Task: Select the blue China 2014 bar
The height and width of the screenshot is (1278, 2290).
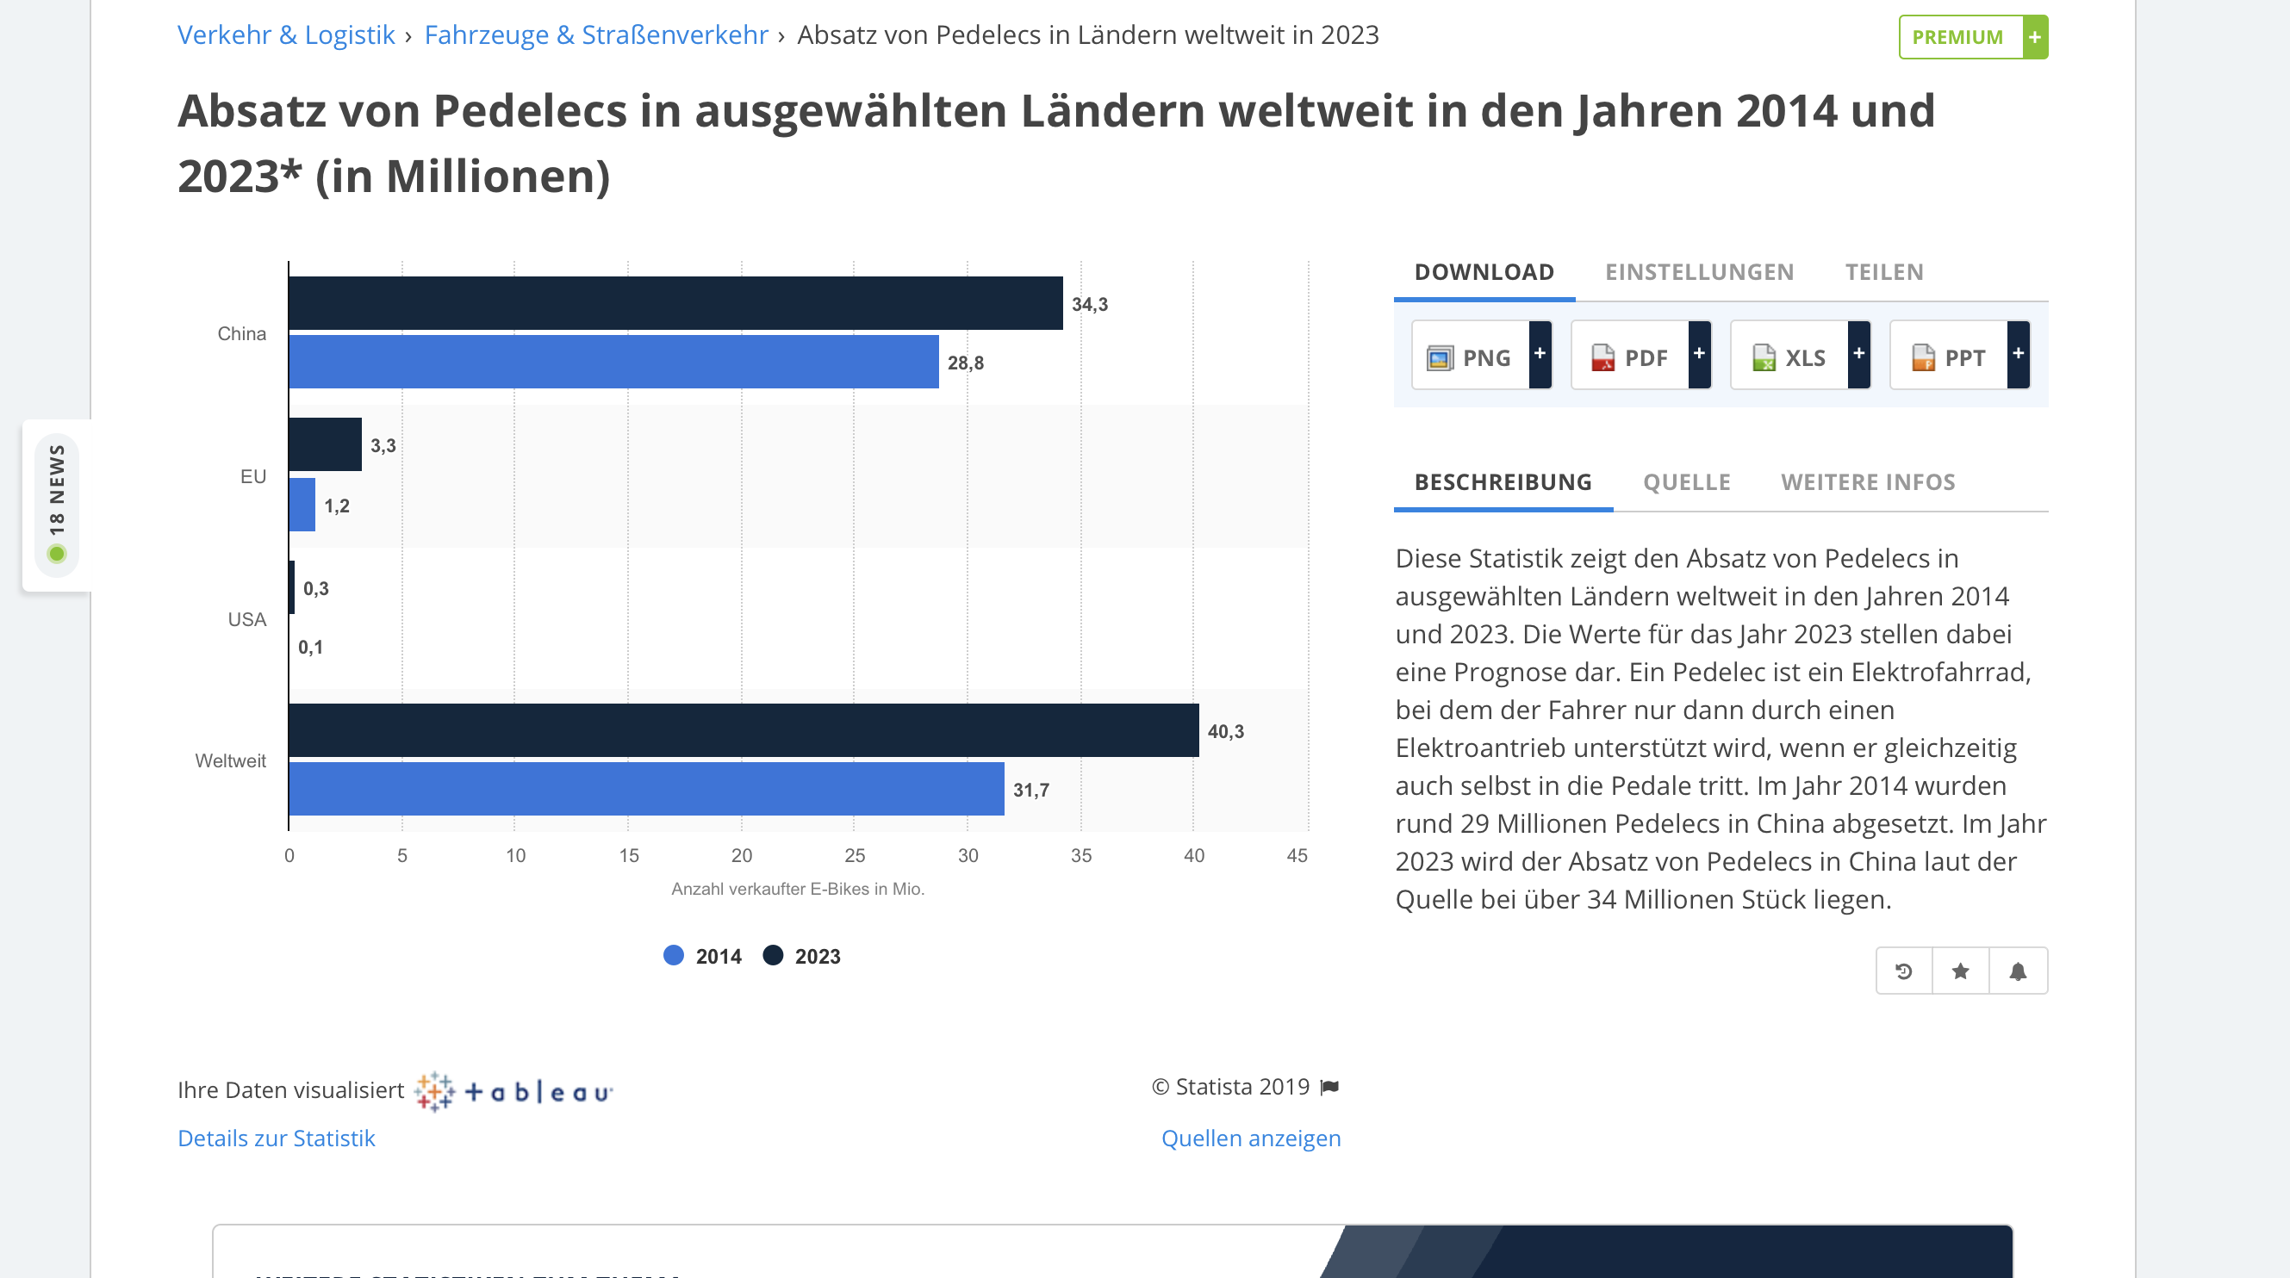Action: (x=613, y=362)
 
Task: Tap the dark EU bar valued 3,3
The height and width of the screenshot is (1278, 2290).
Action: (x=326, y=444)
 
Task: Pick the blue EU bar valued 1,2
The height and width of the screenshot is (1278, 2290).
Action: (x=302, y=505)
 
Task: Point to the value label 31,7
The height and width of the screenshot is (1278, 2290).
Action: (x=1030, y=790)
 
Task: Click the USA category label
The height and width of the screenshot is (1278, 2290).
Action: (x=247, y=619)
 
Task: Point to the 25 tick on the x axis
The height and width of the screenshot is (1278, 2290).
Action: (x=855, y=855)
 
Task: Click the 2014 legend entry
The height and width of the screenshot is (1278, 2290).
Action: (x=702, y=956)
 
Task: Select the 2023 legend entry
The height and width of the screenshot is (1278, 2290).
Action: (x=802, y=956)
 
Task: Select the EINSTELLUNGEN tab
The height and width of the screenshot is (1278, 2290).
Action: (x=1699, y=272)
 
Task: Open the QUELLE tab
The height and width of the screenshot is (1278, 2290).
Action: (x=1686, y=481)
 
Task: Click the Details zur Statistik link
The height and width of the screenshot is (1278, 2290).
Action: (x=277, y=1138)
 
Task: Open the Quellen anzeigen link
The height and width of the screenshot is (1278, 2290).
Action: (x=1251, y=1138)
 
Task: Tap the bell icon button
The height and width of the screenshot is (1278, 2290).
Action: (x=2018, y=971)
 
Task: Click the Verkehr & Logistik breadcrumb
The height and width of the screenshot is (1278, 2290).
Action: (x=286, y=34)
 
